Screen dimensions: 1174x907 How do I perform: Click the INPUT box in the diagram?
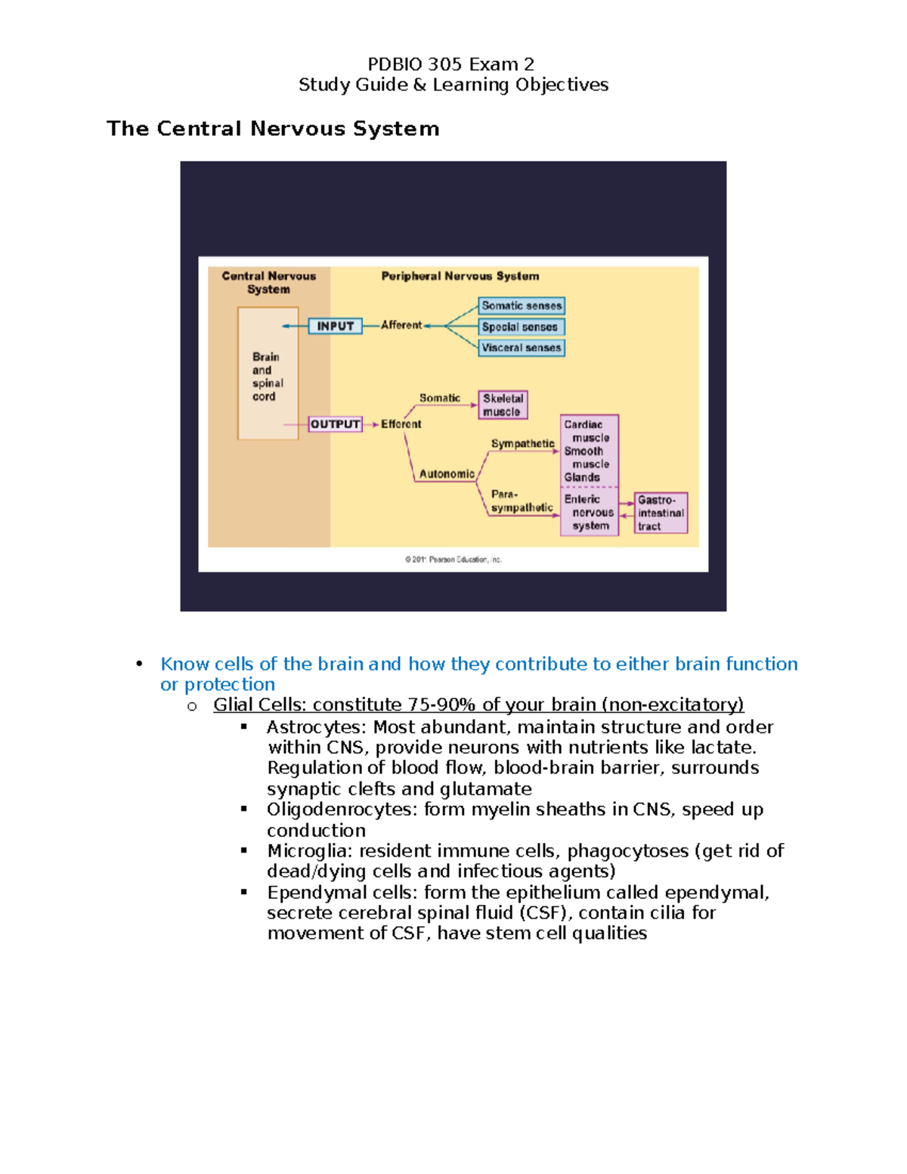tap(335, 326)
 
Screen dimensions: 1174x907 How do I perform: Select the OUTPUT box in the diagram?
tap(335, 424)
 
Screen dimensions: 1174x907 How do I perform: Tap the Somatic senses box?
tap(522, 306)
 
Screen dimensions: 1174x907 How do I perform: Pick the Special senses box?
tap(522, 327)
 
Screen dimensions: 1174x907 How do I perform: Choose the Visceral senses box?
tap(522, 348)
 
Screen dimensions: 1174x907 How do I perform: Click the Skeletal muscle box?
tap(503, 404)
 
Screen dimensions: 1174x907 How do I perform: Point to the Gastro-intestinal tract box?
tap(661, 513)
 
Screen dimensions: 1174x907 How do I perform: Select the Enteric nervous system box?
tap(589, 513)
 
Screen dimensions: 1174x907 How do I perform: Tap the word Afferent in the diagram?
tap(401, 325)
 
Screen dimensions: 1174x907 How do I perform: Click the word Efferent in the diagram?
tap(401, 424)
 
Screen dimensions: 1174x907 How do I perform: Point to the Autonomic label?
tap(447, 474)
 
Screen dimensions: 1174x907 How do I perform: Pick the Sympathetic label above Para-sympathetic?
tap(522, 444)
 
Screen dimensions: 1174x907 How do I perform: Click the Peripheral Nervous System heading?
tap(460, 276)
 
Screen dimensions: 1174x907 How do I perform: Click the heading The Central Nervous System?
tap(273, 129)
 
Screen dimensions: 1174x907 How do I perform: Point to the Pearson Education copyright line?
tap(453, 560)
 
